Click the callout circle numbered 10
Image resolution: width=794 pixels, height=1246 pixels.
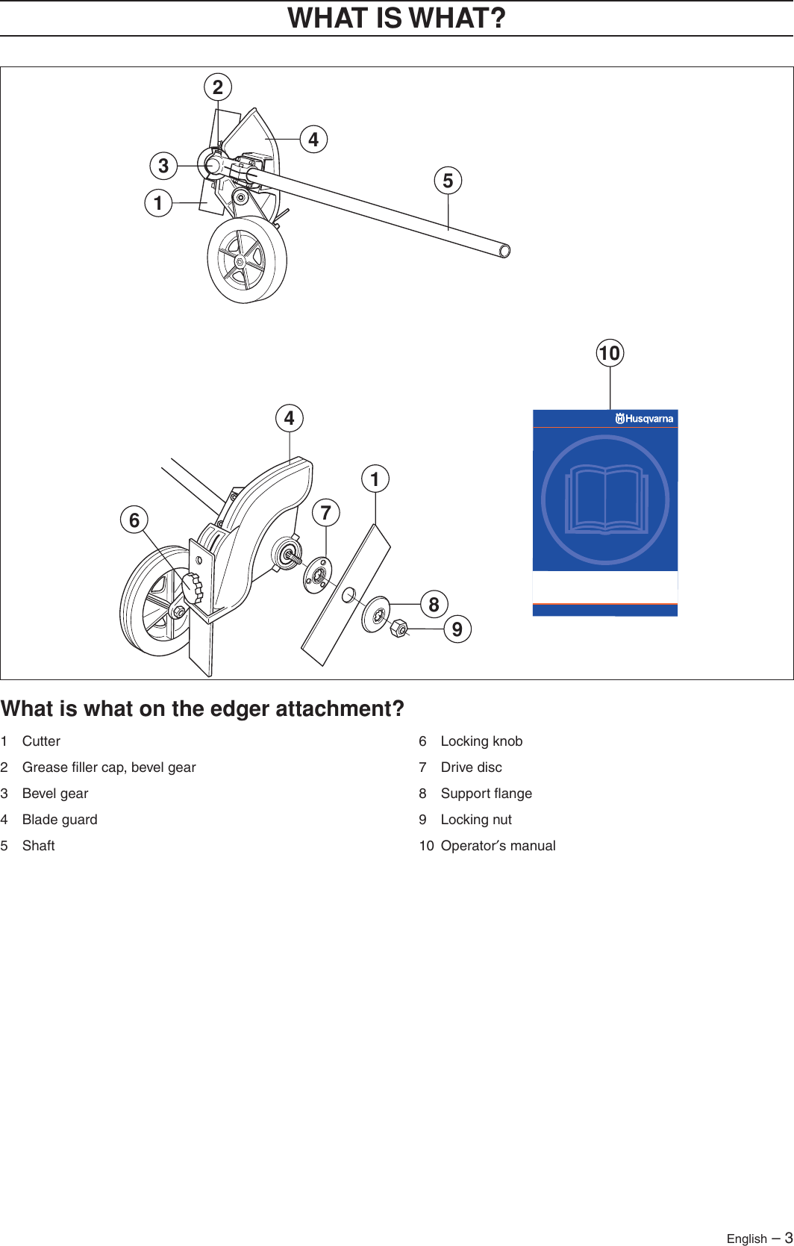click(x=610, y=353)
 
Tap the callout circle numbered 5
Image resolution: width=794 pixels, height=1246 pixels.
click(x=448, y=181)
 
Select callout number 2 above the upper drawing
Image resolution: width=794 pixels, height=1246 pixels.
click(x=218, y=87)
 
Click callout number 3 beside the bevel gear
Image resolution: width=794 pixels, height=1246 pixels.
click(x=163, y=166)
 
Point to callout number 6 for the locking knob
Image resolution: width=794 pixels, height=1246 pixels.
click(x=134, y=520)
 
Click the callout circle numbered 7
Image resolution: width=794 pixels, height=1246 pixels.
click(x=325, y=513)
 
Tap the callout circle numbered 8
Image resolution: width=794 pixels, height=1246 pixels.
click(x=434, y=604)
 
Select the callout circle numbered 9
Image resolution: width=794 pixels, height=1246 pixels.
click(x=457, y=629)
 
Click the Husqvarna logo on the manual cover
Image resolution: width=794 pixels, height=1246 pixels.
click(x=644, y=419)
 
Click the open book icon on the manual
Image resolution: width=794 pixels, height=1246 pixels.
click(x=605, y=499)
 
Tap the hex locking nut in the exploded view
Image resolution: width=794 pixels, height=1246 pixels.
click(x=399, y=629)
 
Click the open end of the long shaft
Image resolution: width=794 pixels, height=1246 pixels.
click(x=505, y=251)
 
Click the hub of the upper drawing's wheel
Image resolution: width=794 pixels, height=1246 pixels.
click(x=240, y=262)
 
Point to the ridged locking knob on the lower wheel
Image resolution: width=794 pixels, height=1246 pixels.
click(x=193, y=588)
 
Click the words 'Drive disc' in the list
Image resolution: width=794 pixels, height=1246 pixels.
click(x=471, y=767)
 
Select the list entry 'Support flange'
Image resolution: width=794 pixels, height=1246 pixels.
click(x=486, y=794)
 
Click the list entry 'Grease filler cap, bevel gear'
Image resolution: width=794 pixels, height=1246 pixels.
click(x=109, y=767)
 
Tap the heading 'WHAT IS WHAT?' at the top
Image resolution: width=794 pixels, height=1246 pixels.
click(x=396, y=18)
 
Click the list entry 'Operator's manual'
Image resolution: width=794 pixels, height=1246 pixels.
click(x=498, y=846)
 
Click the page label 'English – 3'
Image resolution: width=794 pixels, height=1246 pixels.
click(x=758, y=1238)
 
